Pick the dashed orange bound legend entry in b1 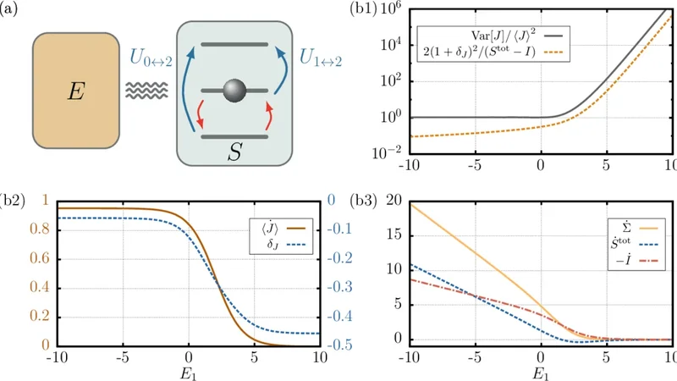(491, 52)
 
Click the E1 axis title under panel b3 (540, 370)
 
